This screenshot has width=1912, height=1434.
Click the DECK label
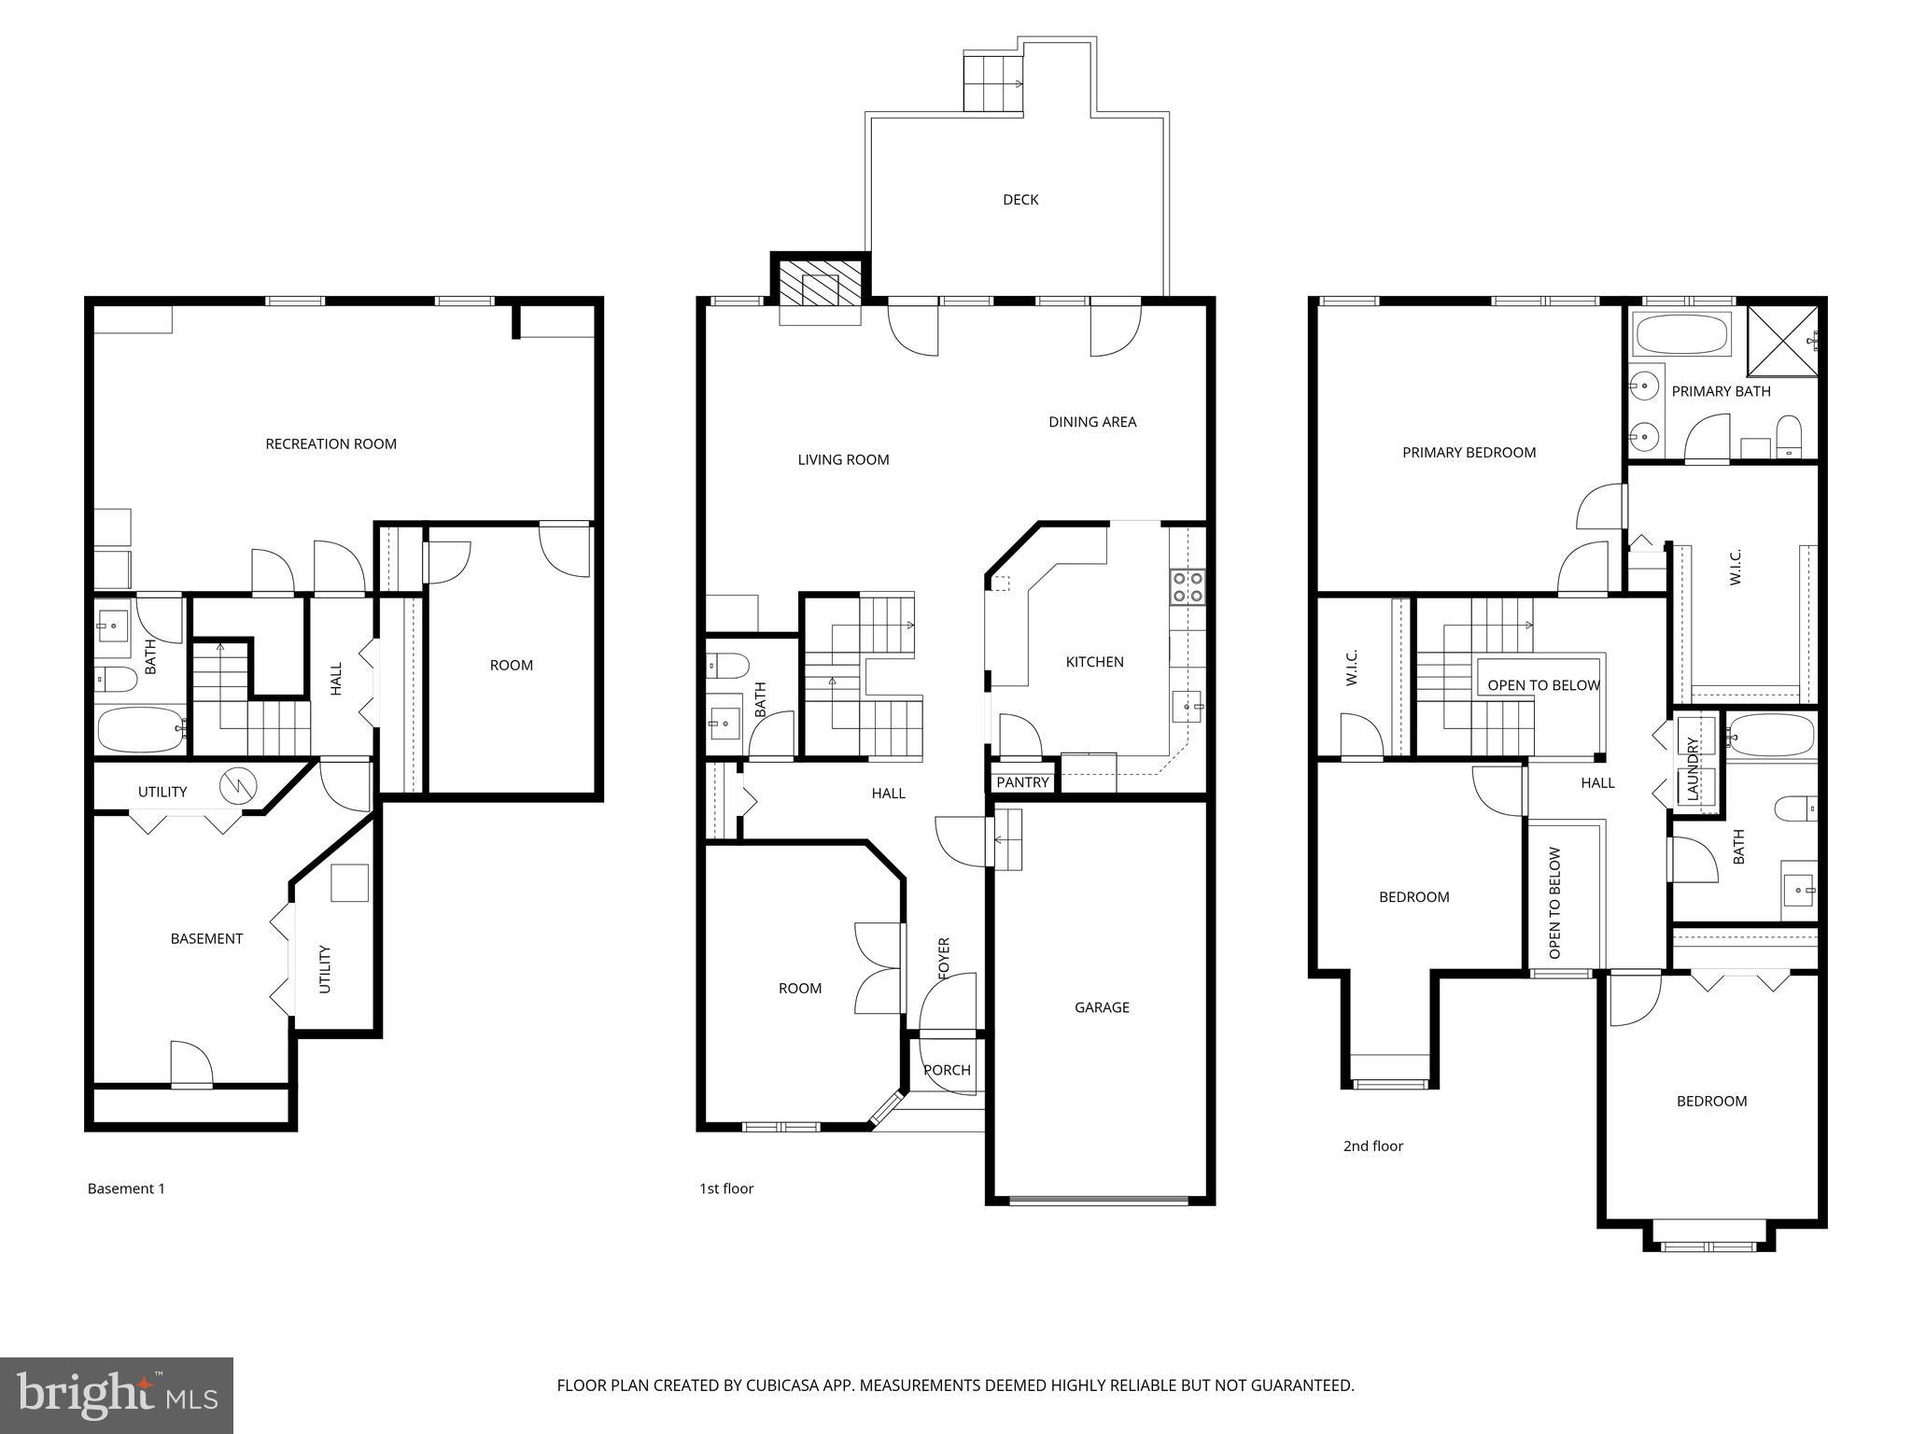point(1019,200)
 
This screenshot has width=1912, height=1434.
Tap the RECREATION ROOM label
point(330,444)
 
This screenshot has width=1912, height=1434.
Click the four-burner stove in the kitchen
point(1188,587)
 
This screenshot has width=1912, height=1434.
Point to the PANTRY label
point(1022,782)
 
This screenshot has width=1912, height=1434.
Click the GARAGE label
point(1102,1007)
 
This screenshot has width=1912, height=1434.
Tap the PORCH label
point(947,1070)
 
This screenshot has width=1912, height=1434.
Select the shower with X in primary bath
point(1782,341)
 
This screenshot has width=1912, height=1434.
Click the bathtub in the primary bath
point(1681,334)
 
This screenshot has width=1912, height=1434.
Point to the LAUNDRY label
point(1692,768)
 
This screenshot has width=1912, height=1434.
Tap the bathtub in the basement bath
point(141,728)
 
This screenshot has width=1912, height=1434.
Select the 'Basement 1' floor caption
point(126,1188)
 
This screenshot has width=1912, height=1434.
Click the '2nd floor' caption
point(1372,1146)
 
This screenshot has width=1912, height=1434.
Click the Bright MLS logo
point(117,1395)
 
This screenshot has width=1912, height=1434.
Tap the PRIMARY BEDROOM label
point(1469,453)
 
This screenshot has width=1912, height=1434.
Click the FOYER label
point(944,959)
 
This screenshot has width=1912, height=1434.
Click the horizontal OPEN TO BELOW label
point(1543,685)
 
